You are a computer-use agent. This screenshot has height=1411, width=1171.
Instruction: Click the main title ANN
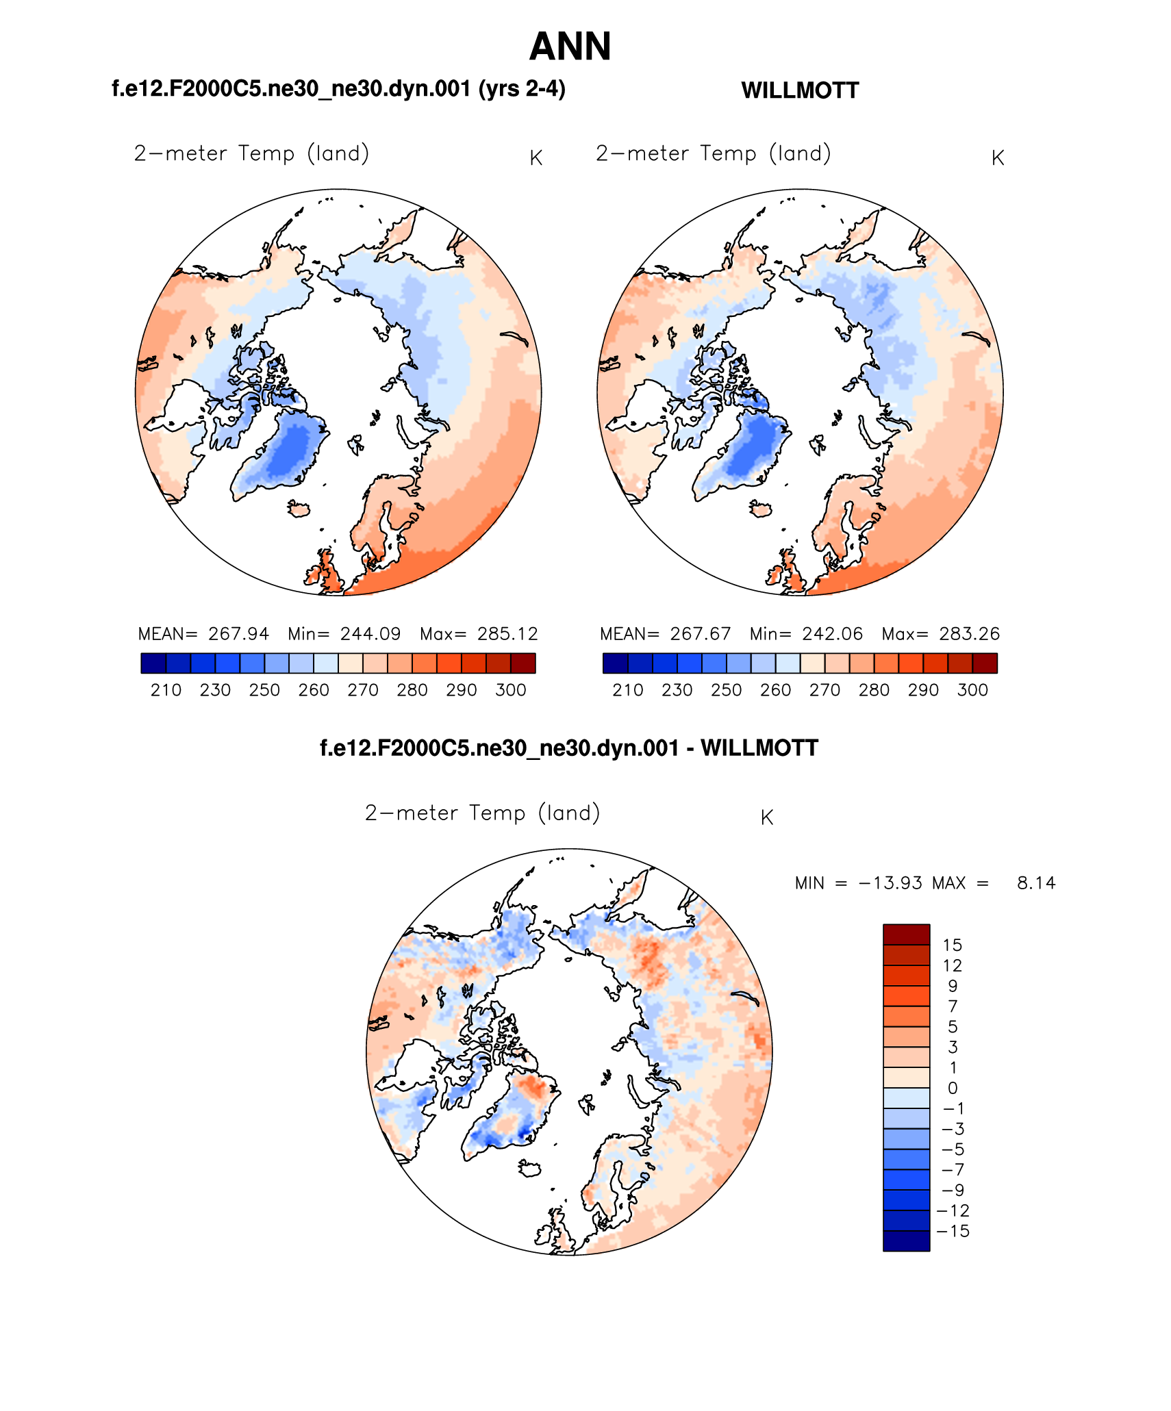[570, 47]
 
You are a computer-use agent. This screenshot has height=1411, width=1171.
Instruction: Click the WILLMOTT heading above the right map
[800, 90]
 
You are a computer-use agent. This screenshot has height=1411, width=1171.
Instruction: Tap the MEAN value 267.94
[238, 634]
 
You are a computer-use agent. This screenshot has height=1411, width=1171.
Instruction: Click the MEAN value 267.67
[700, 634]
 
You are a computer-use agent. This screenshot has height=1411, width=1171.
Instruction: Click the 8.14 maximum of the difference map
[1035, 883]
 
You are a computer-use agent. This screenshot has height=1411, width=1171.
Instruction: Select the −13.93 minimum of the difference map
[889, 883]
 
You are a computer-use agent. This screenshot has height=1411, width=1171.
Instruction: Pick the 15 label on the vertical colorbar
[952, 945]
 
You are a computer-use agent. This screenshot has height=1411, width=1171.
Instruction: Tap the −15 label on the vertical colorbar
[953, 1232]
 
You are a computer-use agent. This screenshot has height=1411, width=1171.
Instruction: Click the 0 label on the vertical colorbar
[953, 1089]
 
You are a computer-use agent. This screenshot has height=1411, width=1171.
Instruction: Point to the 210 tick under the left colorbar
[166, 690]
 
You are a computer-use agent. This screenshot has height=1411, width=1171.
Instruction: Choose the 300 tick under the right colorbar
[972, 690]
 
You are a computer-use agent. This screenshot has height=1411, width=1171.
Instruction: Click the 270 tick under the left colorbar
[363, 690]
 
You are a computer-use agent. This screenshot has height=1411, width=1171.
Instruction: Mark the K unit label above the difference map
[767, 817]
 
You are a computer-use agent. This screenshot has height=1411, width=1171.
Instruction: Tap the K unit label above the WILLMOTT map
[998, 158]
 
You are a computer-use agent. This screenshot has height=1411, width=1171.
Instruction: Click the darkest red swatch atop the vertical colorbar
[906, 935]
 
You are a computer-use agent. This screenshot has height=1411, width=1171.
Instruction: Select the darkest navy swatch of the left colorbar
[153, 663]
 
